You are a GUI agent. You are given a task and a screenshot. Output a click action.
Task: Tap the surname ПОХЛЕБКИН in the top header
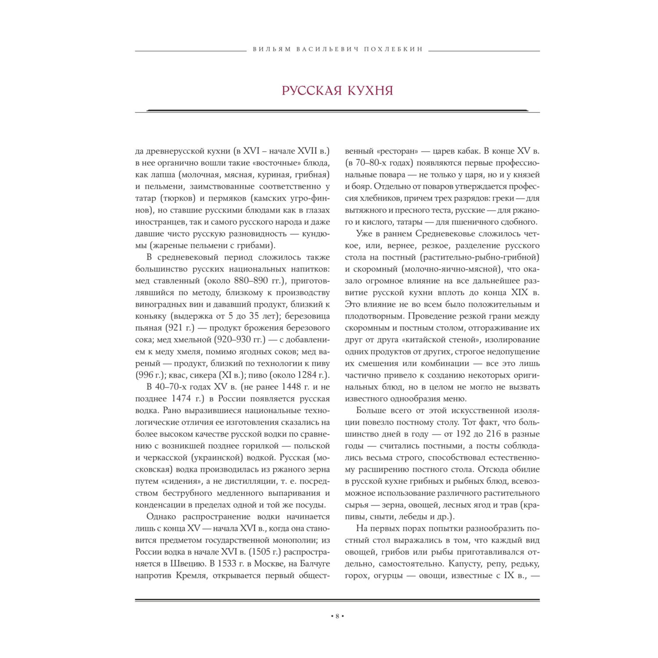pyautogui.click(x=393, y=50)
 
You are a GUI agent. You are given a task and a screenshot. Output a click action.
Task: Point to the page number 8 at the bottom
pyautogui.click(x=337, y=616)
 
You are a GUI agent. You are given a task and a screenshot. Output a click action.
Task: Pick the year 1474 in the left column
pyautogui.click(x=182, y=399)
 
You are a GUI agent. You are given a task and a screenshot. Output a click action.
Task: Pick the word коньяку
pyautogui.click(x=151, y=316)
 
